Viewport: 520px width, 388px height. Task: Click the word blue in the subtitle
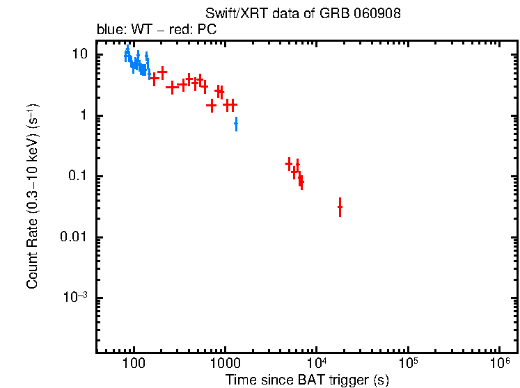(x=109, y=31)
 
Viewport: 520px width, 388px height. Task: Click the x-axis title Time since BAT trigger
(x=306, y=380)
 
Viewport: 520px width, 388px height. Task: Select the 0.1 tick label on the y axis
(x=77, y=177)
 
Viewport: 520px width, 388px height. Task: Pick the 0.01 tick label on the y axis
(x=74, y=237)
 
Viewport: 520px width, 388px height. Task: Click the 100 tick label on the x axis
(x=134, y=363)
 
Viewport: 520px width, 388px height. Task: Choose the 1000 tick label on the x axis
(x=225, y=363)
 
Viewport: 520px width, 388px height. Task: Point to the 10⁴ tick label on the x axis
(x=317, y=363)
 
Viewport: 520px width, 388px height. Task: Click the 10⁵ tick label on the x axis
(x=408, y=363)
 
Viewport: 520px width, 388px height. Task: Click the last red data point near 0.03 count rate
(x=340, y=207)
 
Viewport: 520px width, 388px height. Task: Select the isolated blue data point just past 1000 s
(x=236, y=124)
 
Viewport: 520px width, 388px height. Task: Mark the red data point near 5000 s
(x=289, y=164)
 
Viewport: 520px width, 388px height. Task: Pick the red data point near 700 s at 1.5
(x=212, y=106)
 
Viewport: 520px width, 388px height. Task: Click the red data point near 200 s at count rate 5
(x=162, y=72)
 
